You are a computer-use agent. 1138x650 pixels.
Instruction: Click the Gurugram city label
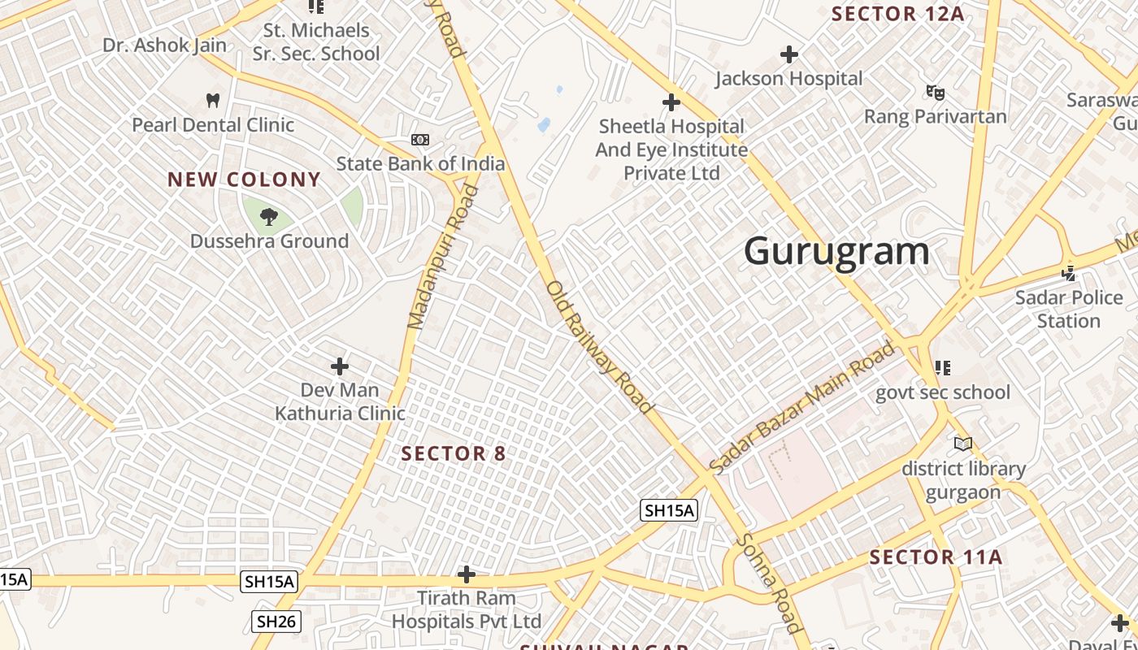click(836, 251)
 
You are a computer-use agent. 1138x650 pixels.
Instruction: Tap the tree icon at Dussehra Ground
click(268, 216)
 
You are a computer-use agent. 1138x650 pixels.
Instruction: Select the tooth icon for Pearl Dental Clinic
click(213, 101)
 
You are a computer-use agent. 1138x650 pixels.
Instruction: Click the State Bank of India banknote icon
click(420, 140)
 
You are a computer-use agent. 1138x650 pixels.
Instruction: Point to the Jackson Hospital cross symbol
click(788, 54)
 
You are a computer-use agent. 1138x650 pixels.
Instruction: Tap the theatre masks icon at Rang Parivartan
click(935, 93)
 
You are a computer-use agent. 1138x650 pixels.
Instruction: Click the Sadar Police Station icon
click(1068, 273)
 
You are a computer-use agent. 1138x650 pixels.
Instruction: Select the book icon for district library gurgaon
click(963, 444)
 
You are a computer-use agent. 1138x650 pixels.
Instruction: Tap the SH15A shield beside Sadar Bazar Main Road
click(669, 510)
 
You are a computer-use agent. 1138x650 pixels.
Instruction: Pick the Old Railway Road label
click(599, 347)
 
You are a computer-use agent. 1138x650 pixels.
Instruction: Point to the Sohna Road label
click(768, 582)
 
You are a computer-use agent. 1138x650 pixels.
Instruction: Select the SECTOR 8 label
click(454, 454)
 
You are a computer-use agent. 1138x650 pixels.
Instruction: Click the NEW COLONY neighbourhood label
click(245, 180)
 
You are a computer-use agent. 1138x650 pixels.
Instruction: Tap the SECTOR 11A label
click(936, 557)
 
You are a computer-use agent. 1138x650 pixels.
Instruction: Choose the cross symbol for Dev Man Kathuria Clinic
click(340, 366)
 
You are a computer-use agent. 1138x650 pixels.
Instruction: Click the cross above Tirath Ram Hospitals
click(466, 575)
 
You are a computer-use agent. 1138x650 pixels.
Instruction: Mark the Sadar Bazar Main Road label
click(801, 408)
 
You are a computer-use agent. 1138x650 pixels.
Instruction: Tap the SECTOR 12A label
click(897, 14)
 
